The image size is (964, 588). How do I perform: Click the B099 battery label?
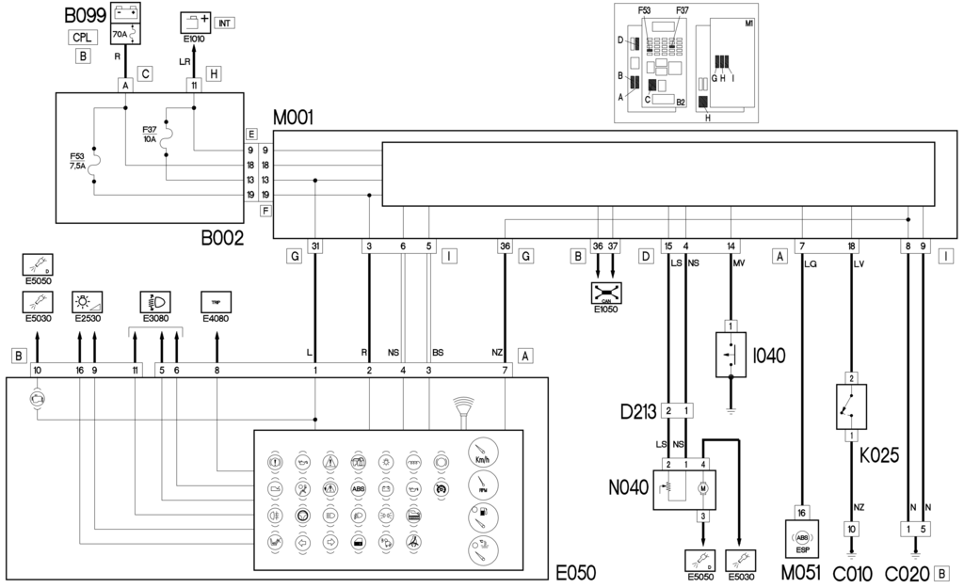click(86, 16)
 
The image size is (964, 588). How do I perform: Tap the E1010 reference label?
click(193, 40)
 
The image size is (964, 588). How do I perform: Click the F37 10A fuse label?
click(151, 133)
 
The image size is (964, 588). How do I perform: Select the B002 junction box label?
click(223, 239)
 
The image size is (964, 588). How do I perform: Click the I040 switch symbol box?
click(731, 355)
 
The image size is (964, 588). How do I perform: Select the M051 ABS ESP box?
click(801, 537)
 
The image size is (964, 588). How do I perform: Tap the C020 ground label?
click(906, 572)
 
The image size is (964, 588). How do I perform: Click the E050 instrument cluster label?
click(575, 572)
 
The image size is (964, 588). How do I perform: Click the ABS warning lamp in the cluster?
click(358, 489)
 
